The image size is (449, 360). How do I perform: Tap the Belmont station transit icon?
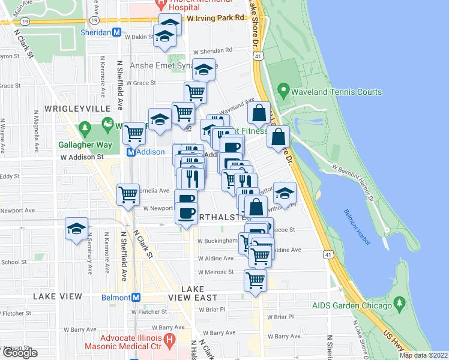[136, 297]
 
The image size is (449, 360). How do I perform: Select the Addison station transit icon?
[130, 152]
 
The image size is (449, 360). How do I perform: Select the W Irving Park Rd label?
[216, 18]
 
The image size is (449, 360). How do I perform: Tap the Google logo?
[19, 353]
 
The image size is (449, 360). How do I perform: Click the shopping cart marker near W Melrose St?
[256, 280]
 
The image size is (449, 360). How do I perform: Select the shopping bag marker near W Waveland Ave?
[259, 113]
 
